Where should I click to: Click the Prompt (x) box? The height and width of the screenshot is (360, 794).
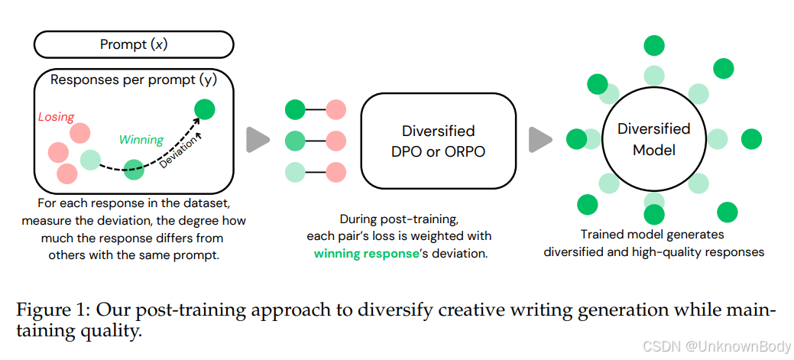(134, 44)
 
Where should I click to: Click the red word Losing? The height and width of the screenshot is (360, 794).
(56, 117)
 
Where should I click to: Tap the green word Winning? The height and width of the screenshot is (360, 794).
(141, 140)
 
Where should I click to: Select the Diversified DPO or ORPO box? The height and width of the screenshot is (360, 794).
(438, 141)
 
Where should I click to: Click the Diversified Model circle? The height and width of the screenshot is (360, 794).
(653, 139)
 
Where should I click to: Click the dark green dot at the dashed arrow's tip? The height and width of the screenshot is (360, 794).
(204, 109)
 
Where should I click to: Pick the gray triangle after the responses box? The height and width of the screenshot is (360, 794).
(258, 140)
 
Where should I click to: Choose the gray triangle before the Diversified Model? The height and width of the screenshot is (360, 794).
(540, 139)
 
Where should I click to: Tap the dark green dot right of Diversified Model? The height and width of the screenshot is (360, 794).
(751, 138)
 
